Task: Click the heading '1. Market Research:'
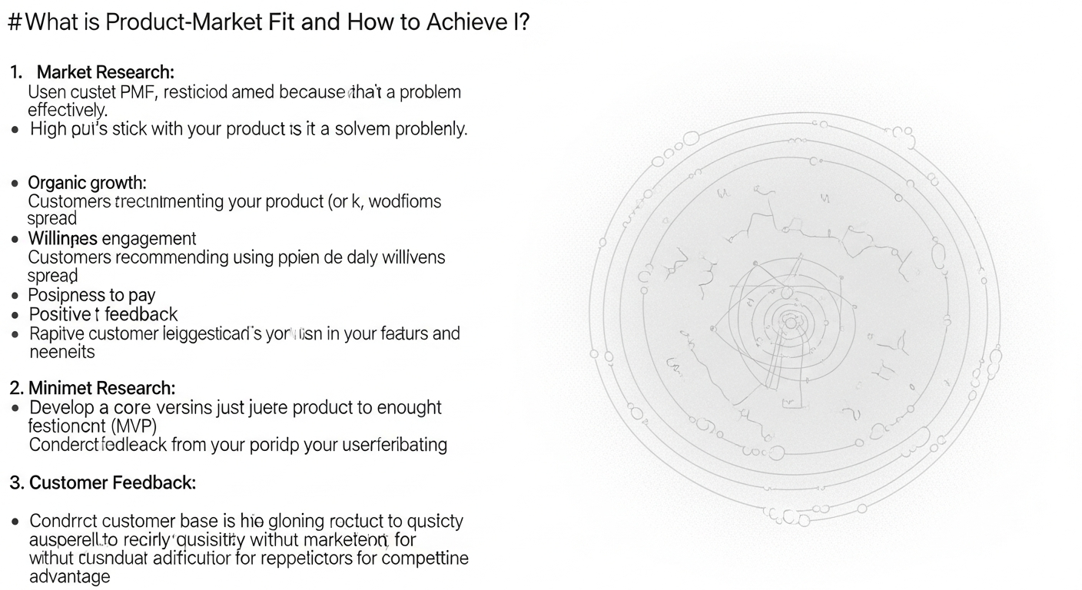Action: pos(93,72)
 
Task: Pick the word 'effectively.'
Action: pos(68,111)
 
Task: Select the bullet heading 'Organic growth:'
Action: pos(87,183)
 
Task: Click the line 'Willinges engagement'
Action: pos(112,238)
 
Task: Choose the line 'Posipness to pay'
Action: pos(91,295)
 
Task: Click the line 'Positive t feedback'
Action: pos(103,314)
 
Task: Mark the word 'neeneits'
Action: pos(61,352)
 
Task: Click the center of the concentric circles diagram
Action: pos(791,323)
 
